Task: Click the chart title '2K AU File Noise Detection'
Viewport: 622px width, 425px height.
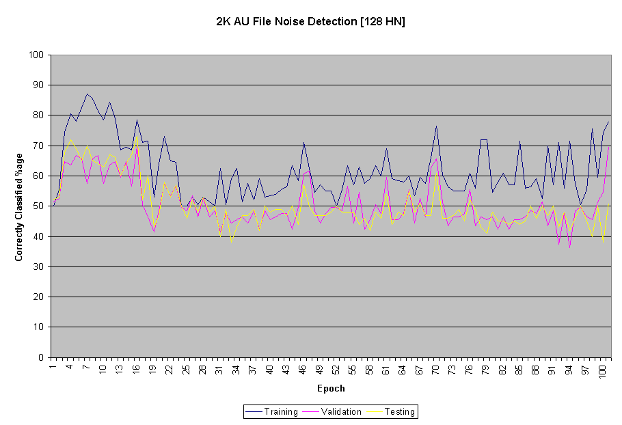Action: (x=287, y=21)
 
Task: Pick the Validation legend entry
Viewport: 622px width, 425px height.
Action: (x=332, y=411)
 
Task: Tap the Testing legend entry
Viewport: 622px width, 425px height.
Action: (x=391, y=411)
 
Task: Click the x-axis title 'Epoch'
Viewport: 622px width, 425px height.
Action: (x=331, y=389)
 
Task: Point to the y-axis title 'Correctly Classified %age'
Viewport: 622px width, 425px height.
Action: (x=18, y=207)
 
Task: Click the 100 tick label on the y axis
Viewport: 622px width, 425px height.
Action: (x=36, y=55)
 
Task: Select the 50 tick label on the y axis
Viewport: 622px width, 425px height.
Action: (x=38, y=206)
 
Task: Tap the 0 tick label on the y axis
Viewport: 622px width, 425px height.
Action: (x=41, y=357)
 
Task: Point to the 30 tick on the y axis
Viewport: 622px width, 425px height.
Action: (x=38, y=266)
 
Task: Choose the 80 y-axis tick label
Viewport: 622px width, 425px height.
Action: (x=38, y=115)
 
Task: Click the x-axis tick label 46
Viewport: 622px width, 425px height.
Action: (x=302, y=370)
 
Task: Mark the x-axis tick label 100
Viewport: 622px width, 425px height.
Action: (x=601, y=372)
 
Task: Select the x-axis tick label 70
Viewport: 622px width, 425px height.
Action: (x=435, y=370)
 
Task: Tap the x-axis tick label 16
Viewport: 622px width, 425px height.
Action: (x=135, y=370)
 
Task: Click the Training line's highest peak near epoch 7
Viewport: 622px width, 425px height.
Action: (x=87, y=94)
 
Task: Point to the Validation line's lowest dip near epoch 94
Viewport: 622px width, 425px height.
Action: (x=569, y=247)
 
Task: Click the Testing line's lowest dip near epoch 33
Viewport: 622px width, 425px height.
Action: (x=231, y=242)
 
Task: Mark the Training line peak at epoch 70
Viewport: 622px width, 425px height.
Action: (x=436, y=126)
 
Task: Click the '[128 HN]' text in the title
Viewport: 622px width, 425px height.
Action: (x=382, y=21)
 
